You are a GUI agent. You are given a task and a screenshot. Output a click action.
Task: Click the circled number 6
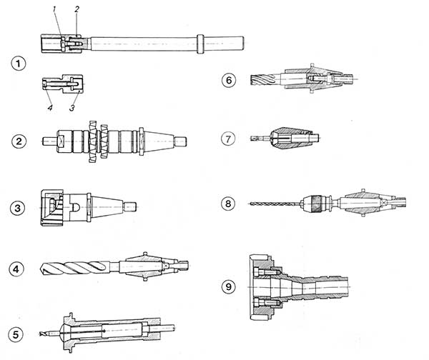[229, 80]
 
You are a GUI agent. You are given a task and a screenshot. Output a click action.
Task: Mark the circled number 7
[229, 137]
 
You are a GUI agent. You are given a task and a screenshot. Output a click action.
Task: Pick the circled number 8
[229, 204]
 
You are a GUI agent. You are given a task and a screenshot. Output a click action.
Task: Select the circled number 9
[229, 286]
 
